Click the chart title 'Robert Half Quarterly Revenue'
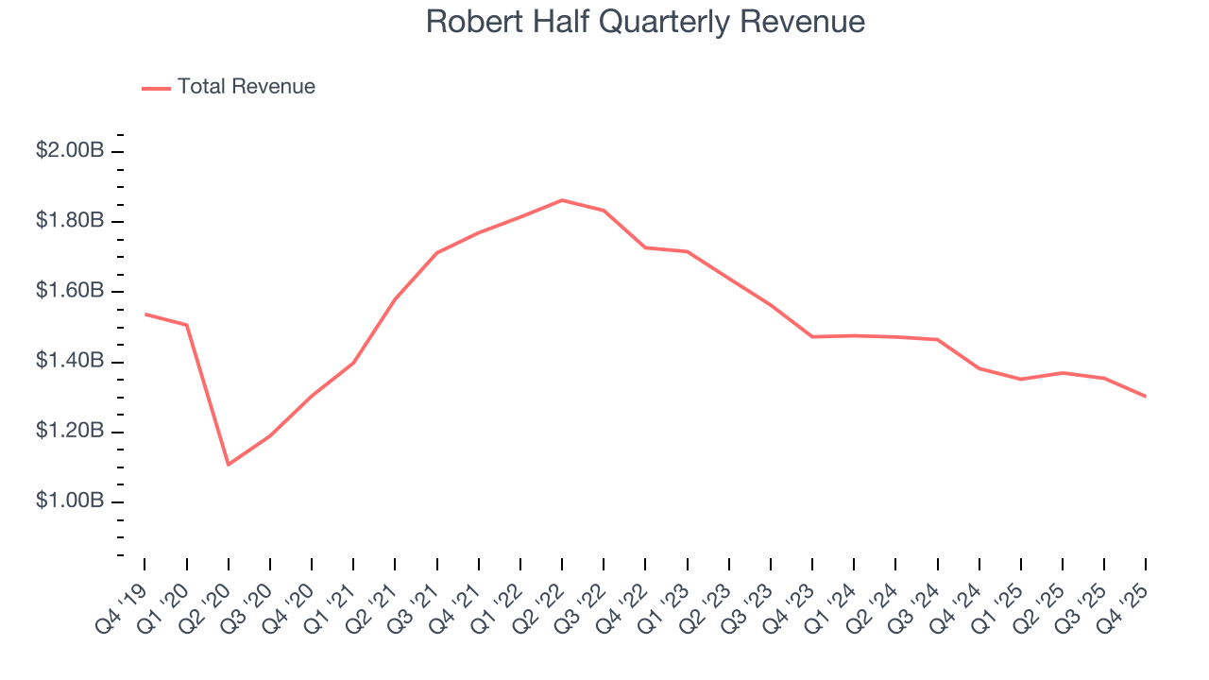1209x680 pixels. tap(645, 22)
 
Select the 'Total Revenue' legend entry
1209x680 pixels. tap(246, 87)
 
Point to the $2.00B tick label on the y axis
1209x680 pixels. tap(70, 151)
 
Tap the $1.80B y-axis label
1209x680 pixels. tap(70, 221)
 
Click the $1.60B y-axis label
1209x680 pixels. tap(70, 291)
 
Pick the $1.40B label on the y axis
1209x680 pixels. tap(70, 361)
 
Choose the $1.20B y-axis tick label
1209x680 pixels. tap(70, 431)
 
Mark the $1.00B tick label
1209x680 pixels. tap(70, 501)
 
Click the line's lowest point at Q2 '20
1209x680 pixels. tap(229, 464)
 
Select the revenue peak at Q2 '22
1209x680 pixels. tap(562, 200)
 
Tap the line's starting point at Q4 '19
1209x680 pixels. tap(145, 314)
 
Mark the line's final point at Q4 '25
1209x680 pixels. tap(1145, 396)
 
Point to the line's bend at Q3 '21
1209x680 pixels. tap(436, 253)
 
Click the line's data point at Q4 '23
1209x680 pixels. tap(812, 336)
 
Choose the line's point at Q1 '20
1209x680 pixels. tap(187, 325)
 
